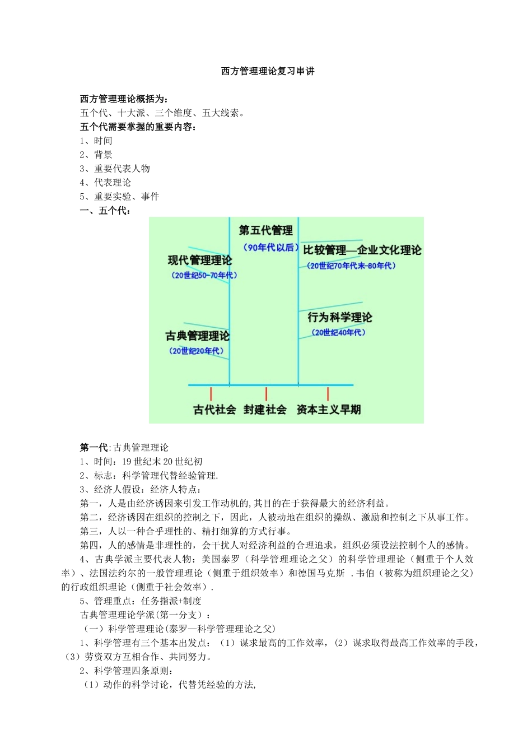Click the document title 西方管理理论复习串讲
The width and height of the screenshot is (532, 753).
coord(267,71)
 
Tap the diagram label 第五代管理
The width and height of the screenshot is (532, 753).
coord(265,230)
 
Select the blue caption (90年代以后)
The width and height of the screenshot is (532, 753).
coord(269,248)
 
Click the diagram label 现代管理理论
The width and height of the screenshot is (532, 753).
coord(199,261)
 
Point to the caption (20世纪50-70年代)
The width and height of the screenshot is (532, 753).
coord(204,276)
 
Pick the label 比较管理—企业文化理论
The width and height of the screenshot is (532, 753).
coord(362,250)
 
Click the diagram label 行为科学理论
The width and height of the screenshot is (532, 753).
coord(339,318)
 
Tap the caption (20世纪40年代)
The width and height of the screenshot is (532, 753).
coord(339,333)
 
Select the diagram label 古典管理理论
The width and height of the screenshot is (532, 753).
coord(197,336)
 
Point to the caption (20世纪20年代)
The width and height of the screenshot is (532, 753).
coord(197,351)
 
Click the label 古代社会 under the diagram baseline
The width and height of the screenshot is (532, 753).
coord(214,410)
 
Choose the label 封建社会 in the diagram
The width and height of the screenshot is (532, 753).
coord(265,410)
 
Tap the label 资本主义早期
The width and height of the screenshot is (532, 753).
coord(329,410)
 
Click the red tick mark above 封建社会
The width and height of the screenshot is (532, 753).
coord(266,394)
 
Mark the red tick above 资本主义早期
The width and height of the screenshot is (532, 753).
coord(328,394)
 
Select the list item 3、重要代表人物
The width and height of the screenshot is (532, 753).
coord(115,169)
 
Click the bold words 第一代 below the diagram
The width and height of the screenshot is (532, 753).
coord(94,448)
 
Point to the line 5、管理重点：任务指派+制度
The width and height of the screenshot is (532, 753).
coord(141,601)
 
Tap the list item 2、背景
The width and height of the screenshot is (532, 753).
coord(96,155)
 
